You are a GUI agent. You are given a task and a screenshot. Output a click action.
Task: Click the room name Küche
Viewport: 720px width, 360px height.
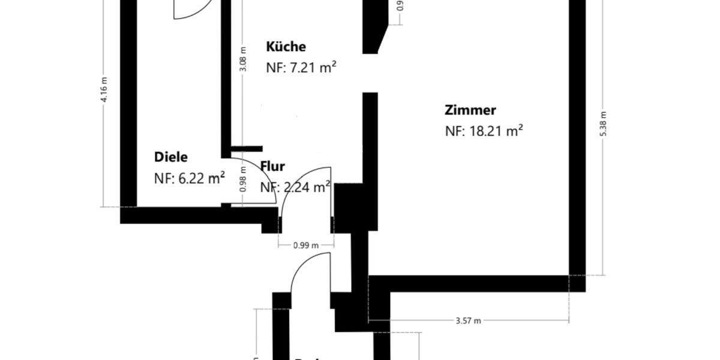click(x=286, y=47)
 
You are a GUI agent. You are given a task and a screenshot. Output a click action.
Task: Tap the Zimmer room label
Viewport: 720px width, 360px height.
click(x=470, y=110)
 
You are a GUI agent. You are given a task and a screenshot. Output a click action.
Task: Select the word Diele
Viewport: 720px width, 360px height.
click(x=171, y=157)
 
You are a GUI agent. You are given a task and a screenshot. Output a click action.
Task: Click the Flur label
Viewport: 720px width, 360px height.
click(x=272, y=167)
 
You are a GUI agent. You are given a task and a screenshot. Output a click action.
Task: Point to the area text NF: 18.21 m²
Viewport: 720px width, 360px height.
click(x=484, y=131)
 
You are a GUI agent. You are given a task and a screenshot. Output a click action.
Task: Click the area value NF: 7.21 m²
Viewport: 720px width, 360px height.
click(x=301, y=67)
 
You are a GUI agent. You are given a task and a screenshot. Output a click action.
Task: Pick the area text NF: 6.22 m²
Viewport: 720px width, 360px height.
click(x=190, y=178)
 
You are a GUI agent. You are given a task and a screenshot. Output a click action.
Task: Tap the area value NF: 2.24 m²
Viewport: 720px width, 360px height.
click(x=295, y=187)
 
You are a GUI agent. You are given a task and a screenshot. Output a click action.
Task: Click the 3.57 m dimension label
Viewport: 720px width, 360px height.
click(x=469, y=320)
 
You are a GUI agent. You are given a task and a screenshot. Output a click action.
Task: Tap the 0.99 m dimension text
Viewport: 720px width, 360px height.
click(x=305, y=245)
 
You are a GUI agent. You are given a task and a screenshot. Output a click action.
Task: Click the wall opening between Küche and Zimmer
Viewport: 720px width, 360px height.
click(x=370, y=73)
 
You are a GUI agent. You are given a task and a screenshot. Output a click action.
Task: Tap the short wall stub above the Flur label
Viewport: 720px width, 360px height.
click(x=247, y=148)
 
